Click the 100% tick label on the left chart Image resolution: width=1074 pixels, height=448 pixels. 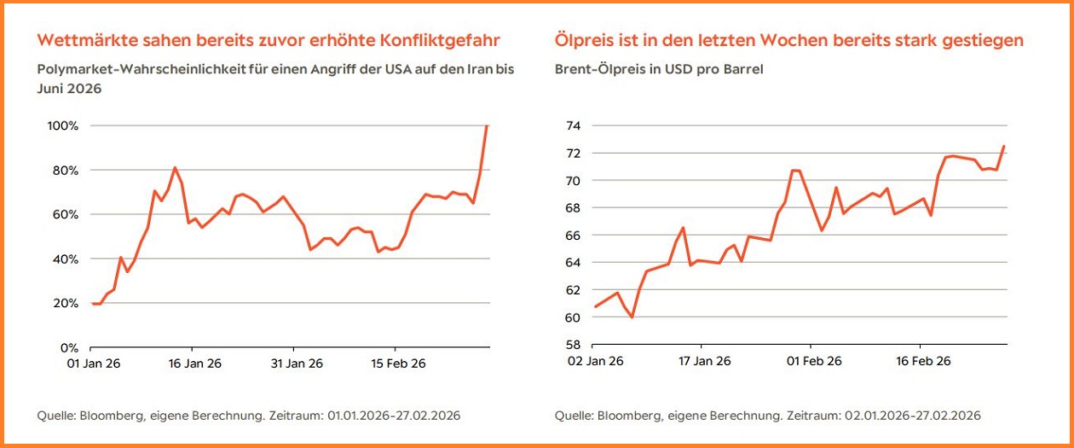(62, 126)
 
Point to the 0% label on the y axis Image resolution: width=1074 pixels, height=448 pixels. (68, 348)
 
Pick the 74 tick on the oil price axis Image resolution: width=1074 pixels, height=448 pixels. (572, 126)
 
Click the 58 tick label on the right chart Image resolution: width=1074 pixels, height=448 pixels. (572, 345)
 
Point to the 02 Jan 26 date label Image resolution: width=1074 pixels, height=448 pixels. (594, 361)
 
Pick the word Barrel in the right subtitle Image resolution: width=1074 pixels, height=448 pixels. (742, 69)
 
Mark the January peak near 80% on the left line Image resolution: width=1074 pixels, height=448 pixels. (174, 167)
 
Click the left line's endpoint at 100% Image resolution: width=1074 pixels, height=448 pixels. (487, 126)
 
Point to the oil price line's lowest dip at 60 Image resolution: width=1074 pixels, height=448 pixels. (632, 317)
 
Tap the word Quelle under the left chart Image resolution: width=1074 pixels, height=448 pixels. (55, 416)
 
